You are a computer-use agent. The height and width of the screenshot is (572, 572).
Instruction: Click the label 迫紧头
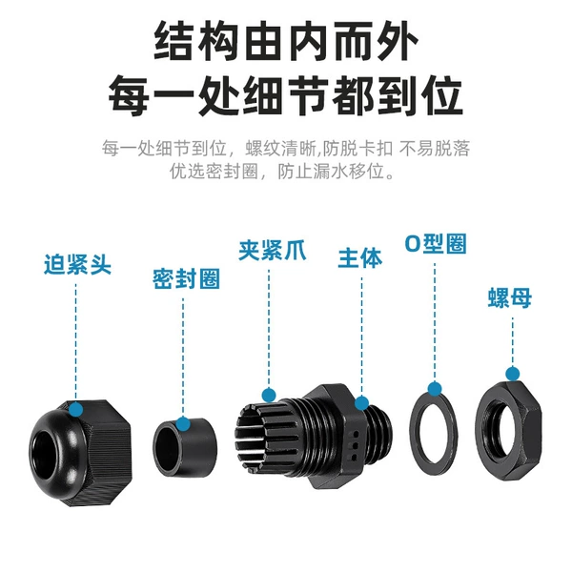pos(77,264)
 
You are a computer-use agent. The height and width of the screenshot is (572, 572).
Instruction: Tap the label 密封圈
pos(186,279)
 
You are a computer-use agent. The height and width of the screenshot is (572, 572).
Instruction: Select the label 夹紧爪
pos(272,250)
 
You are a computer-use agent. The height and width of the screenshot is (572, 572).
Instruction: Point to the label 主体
pos(360,258)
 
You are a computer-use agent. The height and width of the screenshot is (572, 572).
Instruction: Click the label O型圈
pos(436,243)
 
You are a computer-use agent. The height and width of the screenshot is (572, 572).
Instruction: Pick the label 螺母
pos(510,297)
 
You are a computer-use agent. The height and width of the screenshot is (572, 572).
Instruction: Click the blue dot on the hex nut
pos(513,374)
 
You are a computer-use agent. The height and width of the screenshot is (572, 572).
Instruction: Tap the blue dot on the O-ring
pos(435,389)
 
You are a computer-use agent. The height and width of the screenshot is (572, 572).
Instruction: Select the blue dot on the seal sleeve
pos(183,423)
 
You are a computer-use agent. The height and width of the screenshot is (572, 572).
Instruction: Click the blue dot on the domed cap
pos(76,409)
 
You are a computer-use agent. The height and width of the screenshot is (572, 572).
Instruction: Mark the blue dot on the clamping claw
pos(269,395)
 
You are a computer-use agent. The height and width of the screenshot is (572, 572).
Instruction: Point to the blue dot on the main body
pos(361,403)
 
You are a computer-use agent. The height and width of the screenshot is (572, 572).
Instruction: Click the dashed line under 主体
pos(361,335)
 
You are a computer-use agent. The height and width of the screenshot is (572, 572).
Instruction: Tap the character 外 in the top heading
pos(400,41)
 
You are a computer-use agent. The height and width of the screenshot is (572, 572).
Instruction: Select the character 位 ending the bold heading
pos(442,96)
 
